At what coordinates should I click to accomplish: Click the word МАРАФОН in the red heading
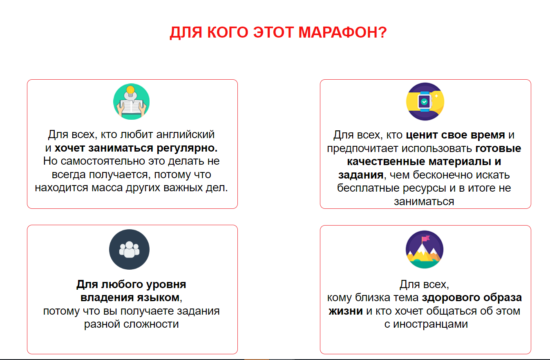tap(342, 32)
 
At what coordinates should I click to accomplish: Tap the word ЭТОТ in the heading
tap(273, 32)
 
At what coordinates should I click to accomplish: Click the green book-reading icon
tap(131, 102)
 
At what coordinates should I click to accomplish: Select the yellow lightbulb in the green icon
tap(130, 90)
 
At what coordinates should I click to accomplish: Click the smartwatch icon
tap(425, 102)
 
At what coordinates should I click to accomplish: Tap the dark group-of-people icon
tap(130, 250)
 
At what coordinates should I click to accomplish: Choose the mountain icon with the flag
tap(425, 250)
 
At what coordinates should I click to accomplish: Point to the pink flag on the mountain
tap(426, 238)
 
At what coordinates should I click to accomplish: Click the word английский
tap(186, 135)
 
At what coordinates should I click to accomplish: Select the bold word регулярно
tap(187, 148)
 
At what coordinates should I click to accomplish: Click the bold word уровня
tap(166, 285)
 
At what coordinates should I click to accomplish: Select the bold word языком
tap(158, 297)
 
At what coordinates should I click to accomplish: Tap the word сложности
tap(151, 324)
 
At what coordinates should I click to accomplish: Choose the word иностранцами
tap(430, 324)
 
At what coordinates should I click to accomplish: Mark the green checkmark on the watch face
tap(424, 101)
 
